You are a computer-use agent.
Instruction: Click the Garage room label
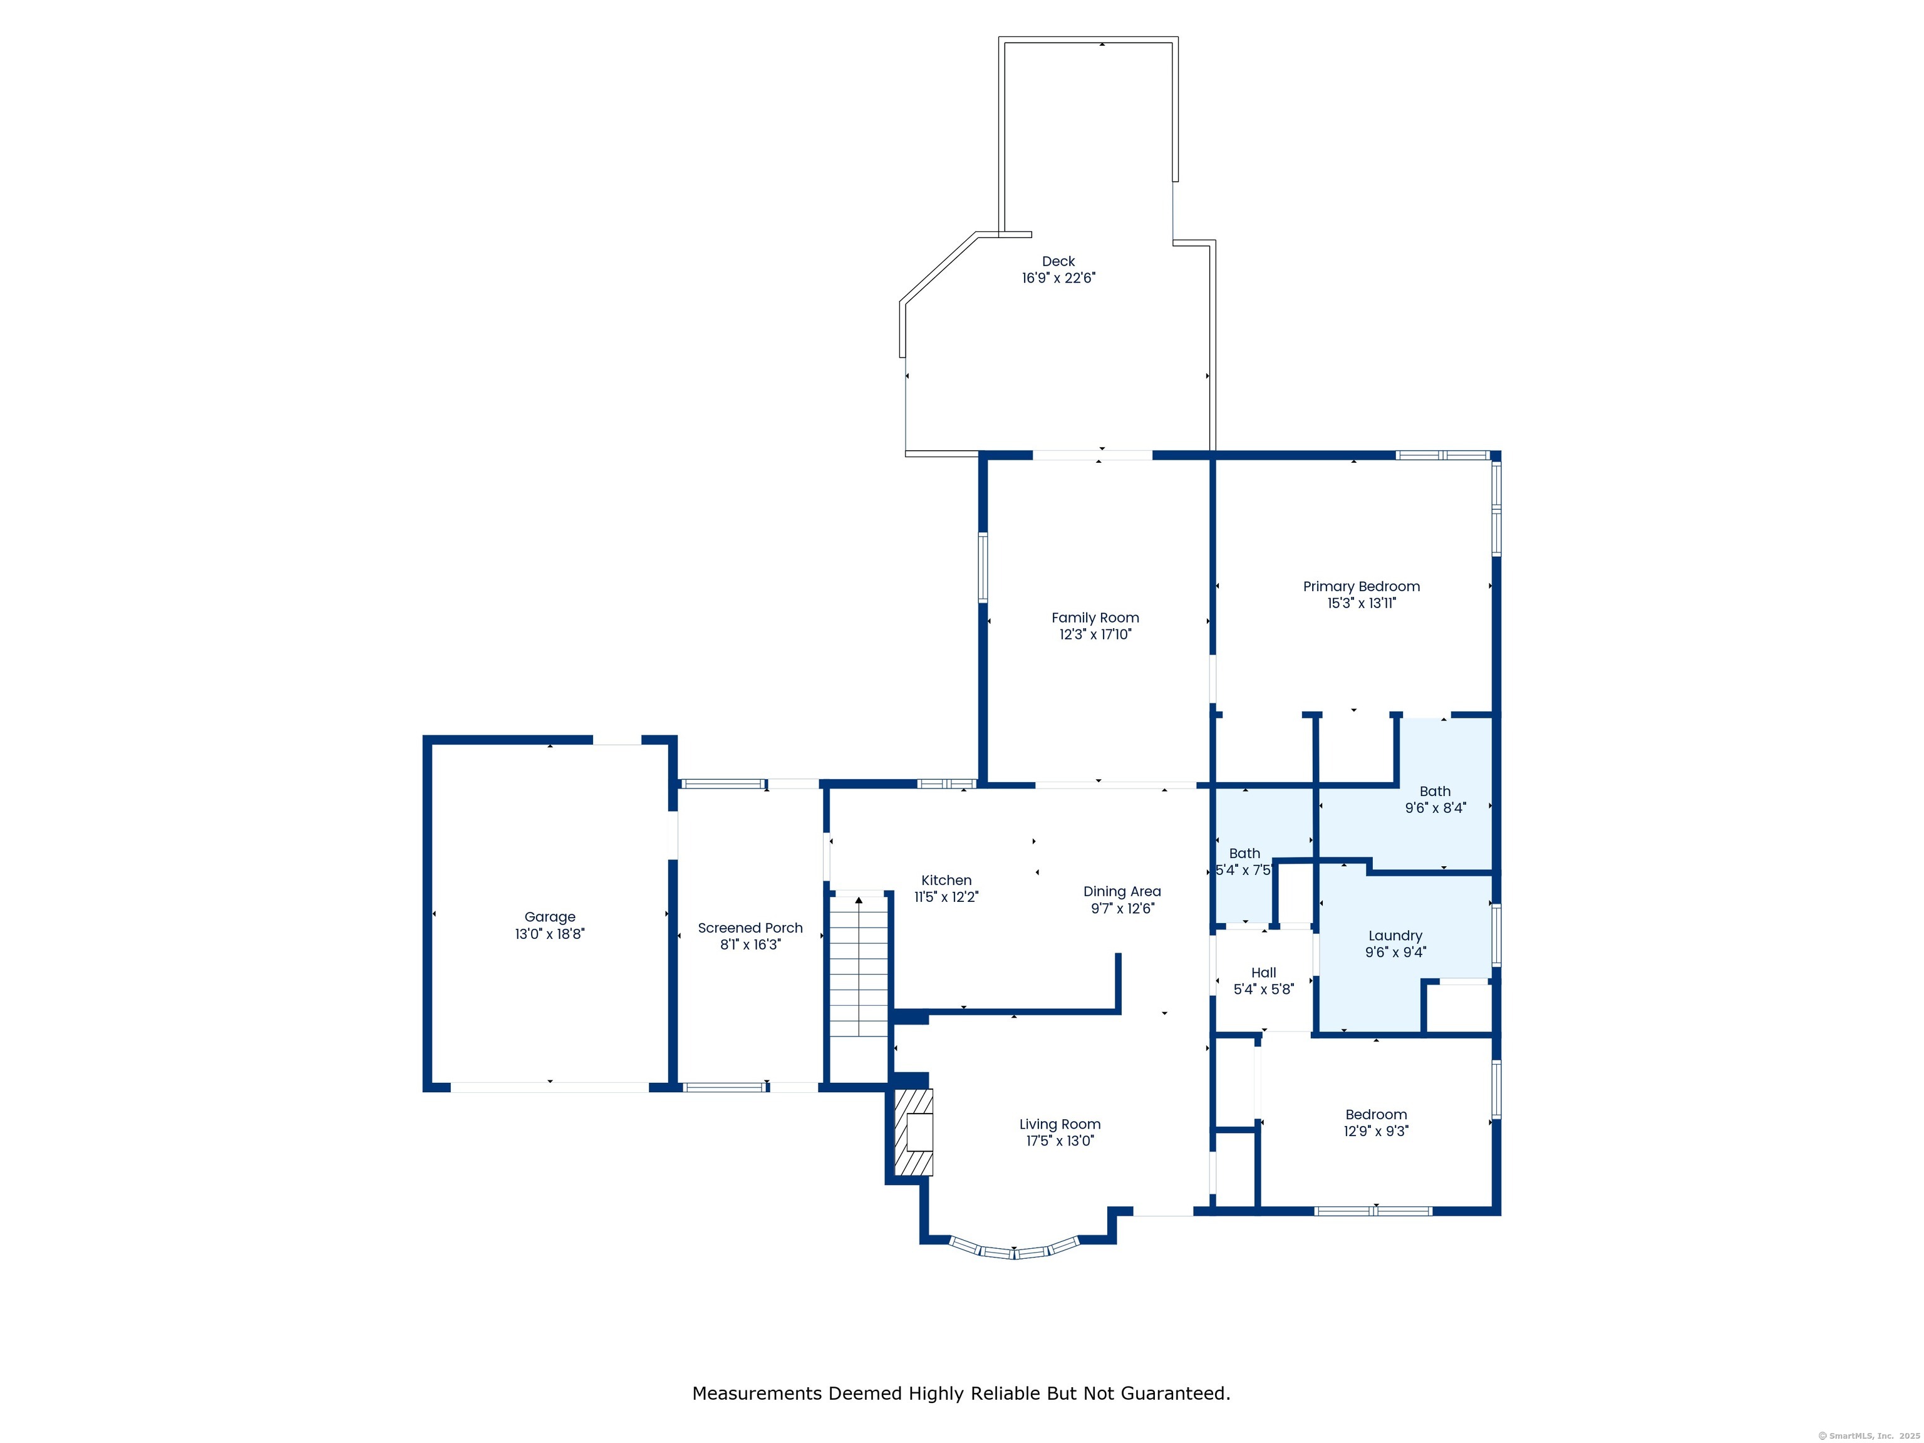(550, 917)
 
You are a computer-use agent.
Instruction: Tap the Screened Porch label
(750, 928)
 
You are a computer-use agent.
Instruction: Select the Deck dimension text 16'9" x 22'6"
(1058, 278)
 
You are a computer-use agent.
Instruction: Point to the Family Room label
(1095, 618)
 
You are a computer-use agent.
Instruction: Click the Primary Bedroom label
(1361, 586)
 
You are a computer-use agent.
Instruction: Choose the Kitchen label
(946, 880)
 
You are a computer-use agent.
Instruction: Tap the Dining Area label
(1122, 892)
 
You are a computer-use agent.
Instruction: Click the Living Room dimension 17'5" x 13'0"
(1060, 1141)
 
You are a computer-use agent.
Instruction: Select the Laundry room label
(1395, 936)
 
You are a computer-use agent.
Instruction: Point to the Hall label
(1264, 973)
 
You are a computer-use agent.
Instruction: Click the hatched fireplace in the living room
(913, 1132)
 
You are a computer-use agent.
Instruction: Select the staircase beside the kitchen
(859, 966)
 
